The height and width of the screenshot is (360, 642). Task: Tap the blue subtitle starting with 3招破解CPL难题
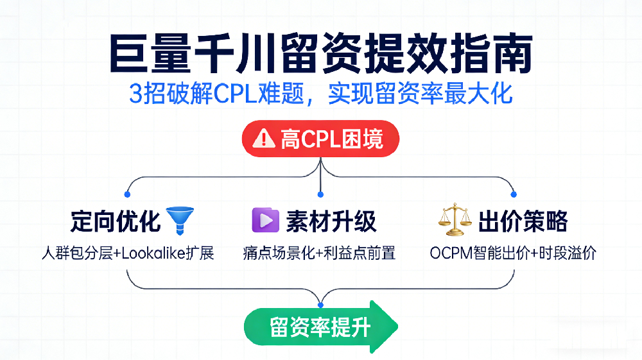pos(321,94)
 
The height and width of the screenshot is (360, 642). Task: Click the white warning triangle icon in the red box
pos(265,138)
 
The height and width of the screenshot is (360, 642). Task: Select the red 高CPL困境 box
pos(320,138)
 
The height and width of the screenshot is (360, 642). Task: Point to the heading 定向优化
pos(116,221)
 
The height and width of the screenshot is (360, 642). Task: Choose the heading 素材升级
pos(331,221)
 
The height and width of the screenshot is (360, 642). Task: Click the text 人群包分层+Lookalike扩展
pos(127,253)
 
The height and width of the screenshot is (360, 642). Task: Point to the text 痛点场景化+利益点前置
pos(320,253)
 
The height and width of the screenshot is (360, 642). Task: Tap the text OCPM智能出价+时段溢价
pos(513,253)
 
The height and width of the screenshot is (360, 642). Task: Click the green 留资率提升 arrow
pos(320,327)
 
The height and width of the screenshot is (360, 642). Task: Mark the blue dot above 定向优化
pos(127,194)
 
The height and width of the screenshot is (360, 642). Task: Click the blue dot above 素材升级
pos(321,194)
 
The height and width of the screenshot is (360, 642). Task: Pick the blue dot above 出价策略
pos(514,194)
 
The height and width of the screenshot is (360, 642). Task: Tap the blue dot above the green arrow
pos(321,303)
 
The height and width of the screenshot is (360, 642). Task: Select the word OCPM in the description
pos(449,253)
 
